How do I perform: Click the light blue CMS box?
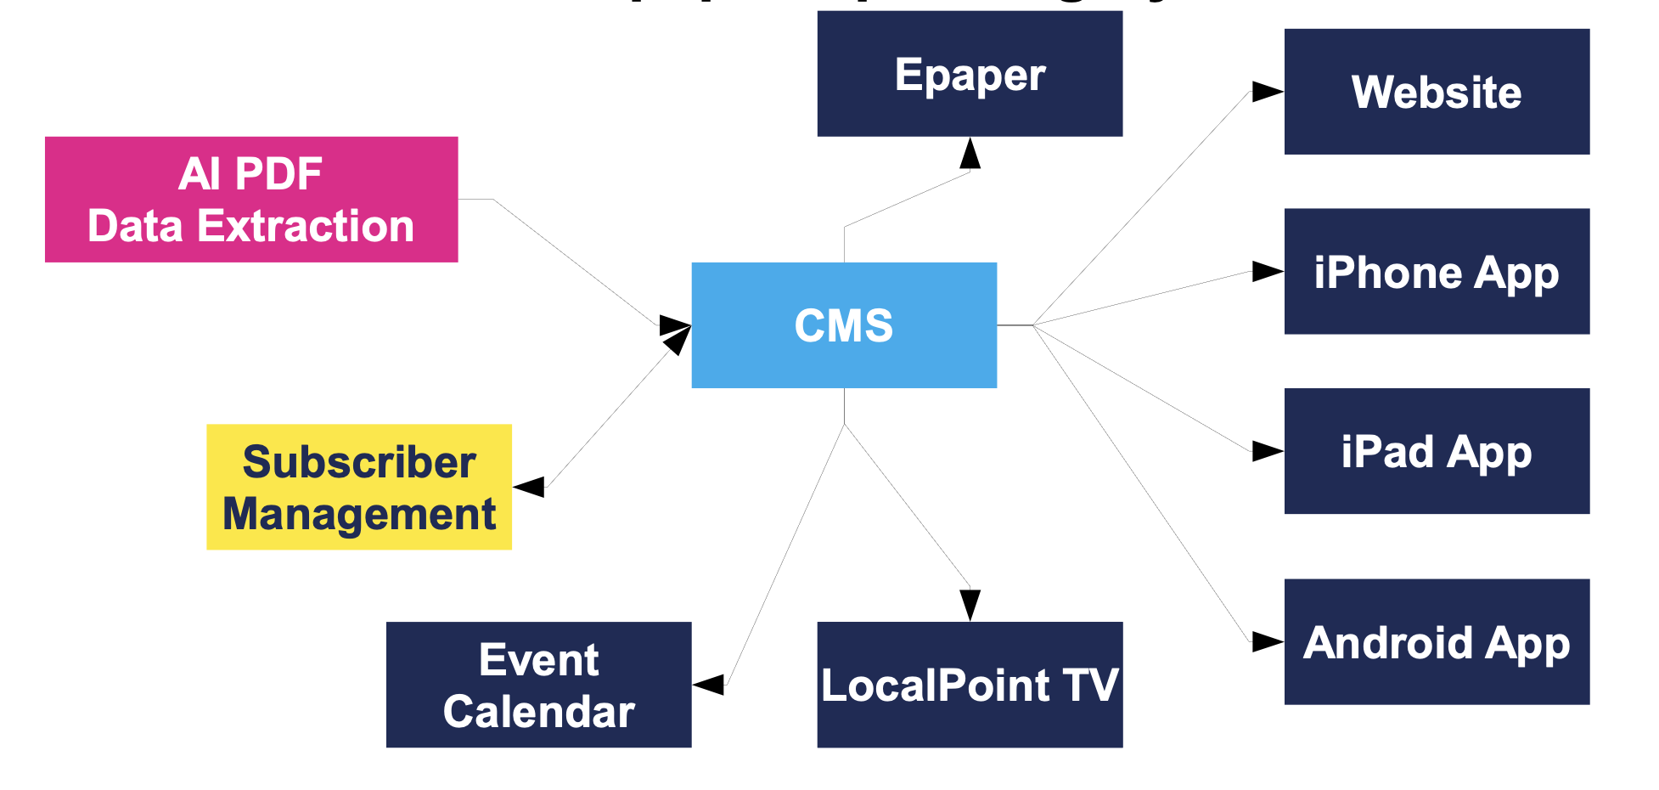844,325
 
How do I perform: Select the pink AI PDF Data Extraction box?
251,200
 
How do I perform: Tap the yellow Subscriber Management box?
359,487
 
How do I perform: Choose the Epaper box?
970,74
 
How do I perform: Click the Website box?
1437,92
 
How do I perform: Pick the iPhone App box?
1437,272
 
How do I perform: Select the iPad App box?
1437,451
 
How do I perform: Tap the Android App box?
1437,642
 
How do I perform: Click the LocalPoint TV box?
970,685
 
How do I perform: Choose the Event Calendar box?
538,685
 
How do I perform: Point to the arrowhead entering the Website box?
1268,92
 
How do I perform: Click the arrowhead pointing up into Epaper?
970,154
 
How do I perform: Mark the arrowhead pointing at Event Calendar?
709,684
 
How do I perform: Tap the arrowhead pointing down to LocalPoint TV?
970,605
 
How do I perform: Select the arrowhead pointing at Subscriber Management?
530,487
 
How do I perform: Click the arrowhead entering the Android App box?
1268,642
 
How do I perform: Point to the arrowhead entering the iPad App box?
1268,451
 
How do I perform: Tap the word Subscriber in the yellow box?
359,462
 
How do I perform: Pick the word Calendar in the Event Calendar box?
538,711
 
